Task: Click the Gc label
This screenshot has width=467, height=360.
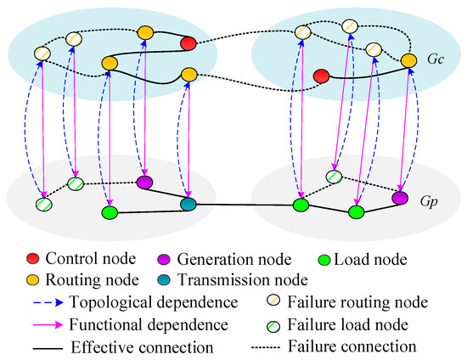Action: point(436,59)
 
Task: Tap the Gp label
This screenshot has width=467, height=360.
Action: point(429,202)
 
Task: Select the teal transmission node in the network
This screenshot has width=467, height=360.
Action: point(188,205)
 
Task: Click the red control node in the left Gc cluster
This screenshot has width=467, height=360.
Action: point(188,43)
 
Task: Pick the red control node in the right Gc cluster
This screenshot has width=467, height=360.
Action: point(322,76)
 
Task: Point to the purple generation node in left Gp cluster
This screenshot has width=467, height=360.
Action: point(144,182)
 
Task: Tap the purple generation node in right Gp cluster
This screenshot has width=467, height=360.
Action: point(400,198)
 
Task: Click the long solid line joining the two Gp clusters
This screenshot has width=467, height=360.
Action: point(245,205)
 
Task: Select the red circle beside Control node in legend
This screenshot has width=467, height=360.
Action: point(33,258)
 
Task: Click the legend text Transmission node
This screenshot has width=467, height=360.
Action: point(243,280)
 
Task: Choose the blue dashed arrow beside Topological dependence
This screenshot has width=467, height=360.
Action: point(48,302)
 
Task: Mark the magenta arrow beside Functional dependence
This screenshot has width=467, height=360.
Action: point(48,324)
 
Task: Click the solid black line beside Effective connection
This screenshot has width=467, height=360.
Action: point(48,348)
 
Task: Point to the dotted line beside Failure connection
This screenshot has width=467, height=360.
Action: point(266,347)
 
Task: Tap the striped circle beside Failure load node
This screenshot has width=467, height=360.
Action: point(273,326)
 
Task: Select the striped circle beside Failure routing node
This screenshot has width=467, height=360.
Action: point(273,301)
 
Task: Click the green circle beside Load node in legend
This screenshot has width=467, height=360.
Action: point(324,260)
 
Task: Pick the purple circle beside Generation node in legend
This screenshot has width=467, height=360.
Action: point(164,259)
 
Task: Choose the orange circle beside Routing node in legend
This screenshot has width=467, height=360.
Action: point(33,280)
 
